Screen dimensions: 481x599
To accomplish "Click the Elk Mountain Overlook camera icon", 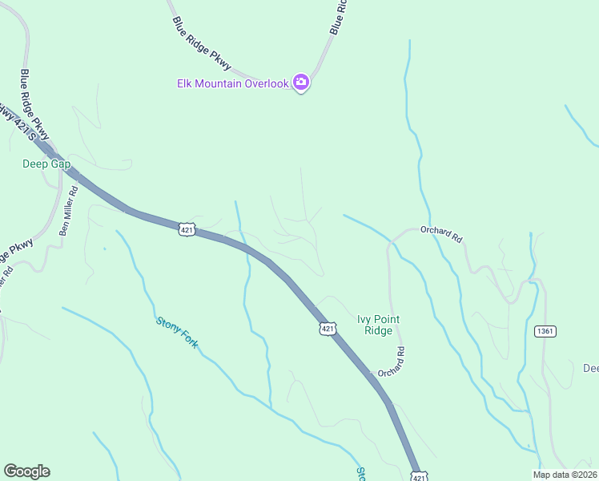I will (301, 82).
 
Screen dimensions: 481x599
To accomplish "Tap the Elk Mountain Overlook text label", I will (231, 83).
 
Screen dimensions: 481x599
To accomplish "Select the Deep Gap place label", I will (46, 164).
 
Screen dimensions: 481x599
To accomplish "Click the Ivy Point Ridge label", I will (378, 325).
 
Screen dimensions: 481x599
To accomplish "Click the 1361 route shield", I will (545, 330).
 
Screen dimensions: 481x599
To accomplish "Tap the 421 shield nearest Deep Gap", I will (186, 229).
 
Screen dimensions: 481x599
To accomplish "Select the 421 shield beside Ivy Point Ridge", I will (328, 329).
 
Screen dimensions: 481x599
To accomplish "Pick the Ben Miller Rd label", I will (68, 210).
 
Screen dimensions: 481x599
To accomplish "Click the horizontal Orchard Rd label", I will (441, 233).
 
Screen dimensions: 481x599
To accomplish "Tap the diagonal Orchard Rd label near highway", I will (391, 362).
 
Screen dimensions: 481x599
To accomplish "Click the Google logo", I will (26, 471).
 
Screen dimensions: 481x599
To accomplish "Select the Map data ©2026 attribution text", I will (565, 475).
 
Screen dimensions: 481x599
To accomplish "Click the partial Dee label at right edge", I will (590, 369).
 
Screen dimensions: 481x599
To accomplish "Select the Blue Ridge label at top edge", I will (337, 16).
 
